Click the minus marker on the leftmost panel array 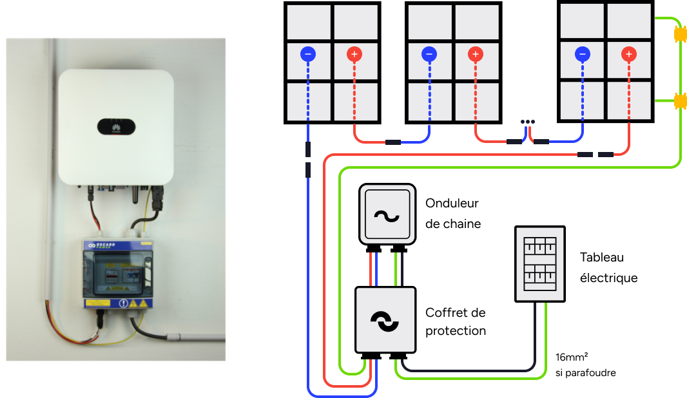pyautogui.click(x=308, y=55)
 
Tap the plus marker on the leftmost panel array pyautogui.click(x=354, y=55)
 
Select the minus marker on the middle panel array pyautogui.click(x=429, y=55)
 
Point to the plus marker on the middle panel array pyautogui.click(x=476, y=55)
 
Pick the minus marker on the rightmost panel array pyautogui.click(x=583, y=55)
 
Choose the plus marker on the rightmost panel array pyautogui.click(x=629, y=55)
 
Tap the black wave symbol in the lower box pyautogui.click(x=385, y=321)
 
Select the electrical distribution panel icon pyautogui.click(x=540, y=263)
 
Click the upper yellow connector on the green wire pyautogui.click(x=679, y=34)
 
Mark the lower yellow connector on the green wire pyautogui.click(x=679, y=102)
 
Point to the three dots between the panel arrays pyautogui.click(x=528, y=122)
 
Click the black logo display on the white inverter pyautogui.click(x=116, y=127)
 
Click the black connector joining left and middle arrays pyautogui.click(x=392, y=142)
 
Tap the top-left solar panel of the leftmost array pyautogui.click(x=309, y=23)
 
